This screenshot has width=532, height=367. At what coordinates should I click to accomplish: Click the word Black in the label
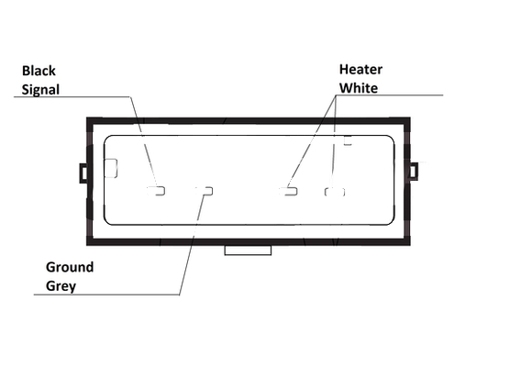point(39,71)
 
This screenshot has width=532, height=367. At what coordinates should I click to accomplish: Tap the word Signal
point(40,90)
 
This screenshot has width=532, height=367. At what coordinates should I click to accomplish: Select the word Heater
point(360,70)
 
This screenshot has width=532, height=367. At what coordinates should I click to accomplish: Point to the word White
point(359,88)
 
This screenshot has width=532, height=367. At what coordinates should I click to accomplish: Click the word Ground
point(70,267)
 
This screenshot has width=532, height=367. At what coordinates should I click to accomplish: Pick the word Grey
point(61,286)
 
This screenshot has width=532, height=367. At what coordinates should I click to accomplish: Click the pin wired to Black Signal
point(156,191)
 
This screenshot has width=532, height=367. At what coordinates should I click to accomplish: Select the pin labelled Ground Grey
point(205,191)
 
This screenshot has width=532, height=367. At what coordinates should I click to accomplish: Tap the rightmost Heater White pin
point(335,192)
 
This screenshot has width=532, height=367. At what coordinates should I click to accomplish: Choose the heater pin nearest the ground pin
point(288,191)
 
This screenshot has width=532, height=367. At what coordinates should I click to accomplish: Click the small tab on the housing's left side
point(83,173)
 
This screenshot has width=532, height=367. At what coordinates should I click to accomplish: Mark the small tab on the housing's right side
point(414,172)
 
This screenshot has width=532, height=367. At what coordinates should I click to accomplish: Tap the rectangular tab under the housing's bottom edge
point(248,250)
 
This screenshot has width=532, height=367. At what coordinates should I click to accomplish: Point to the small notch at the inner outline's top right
point(348,140)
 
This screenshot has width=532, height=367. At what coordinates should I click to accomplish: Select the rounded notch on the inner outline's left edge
point(111,168)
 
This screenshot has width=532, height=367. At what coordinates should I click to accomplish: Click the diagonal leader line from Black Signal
point(143,142)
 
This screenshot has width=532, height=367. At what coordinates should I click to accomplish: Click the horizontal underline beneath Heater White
point(390,95)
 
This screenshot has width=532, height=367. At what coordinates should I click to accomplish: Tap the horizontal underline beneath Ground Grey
point(106,295)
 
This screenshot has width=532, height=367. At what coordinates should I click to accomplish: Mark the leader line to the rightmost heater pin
point(334,141)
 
